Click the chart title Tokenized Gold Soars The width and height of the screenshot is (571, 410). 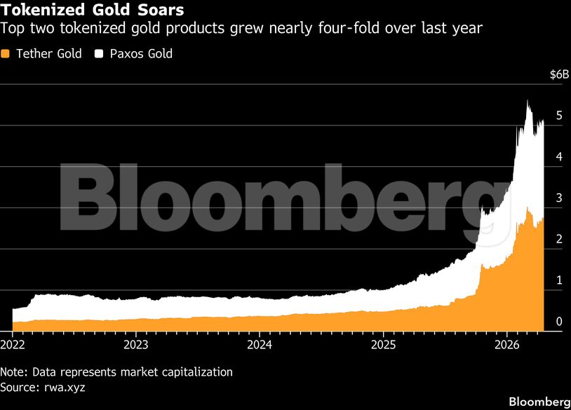93,11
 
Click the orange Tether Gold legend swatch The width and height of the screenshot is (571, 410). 6,54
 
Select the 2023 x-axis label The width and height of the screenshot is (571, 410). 135,345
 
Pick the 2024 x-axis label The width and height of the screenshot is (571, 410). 260,345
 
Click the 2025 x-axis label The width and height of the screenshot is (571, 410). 383,345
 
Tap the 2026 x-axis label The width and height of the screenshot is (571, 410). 506,345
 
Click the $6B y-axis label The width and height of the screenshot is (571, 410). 554,75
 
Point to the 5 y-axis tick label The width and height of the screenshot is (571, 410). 558,116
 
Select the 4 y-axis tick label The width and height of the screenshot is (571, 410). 558,157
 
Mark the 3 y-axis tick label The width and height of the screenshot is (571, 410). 558,198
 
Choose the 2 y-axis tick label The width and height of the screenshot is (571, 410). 558,240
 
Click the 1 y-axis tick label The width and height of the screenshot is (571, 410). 558,280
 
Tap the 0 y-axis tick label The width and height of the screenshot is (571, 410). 558,322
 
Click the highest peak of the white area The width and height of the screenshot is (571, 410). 528,102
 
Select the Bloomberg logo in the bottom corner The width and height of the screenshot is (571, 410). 538,402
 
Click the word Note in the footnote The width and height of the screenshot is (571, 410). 13,372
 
